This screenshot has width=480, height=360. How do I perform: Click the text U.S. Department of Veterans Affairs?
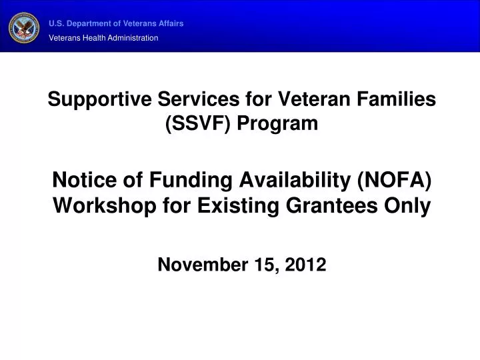[116, 23]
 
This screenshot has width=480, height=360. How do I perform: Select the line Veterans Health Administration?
[103, 38]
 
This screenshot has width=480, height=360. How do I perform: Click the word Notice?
[81, 181]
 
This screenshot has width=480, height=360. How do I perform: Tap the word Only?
[408, 206]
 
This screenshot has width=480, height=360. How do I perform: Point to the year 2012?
[305, 265]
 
